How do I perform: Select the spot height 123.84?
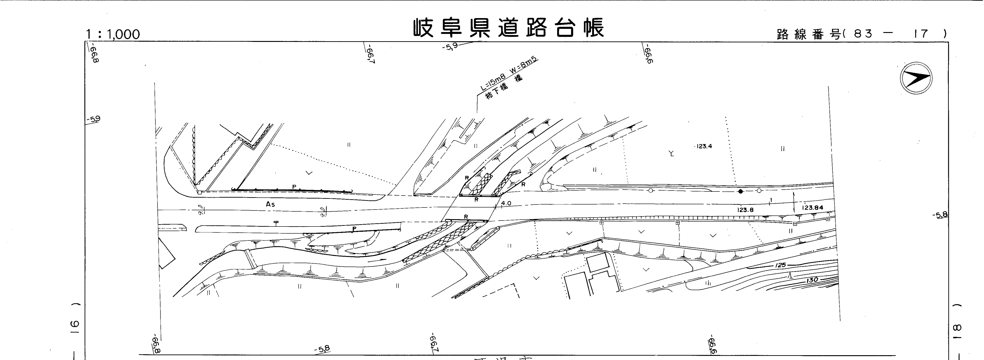pos(813,207)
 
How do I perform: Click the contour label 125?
pos(781,265)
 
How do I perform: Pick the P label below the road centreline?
pos(354,229)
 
